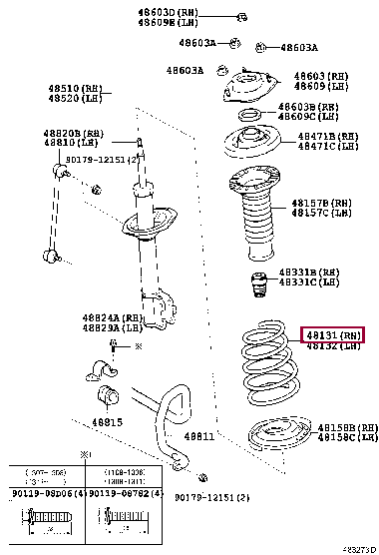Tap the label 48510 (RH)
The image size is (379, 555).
pos(76,87)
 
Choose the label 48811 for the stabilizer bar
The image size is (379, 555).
pos(198,436)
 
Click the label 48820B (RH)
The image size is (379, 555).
pos(76,133)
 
